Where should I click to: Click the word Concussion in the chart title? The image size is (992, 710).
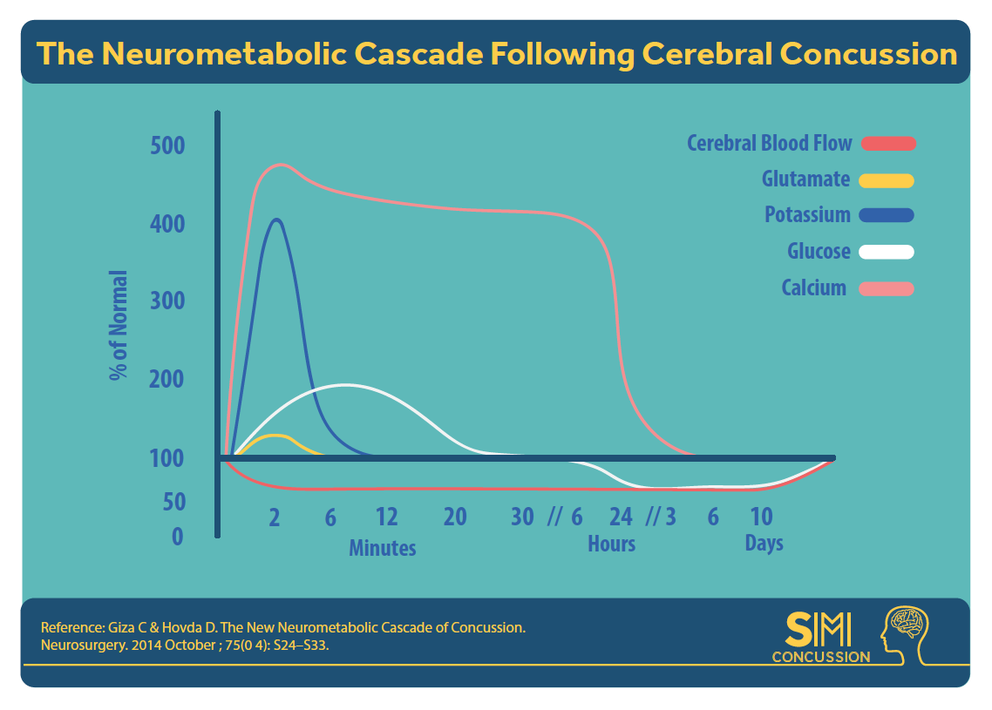click(x=868, y=54)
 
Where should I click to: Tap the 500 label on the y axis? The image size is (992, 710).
click(x=167, y=145)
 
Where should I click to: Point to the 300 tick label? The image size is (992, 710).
click(x=167, y=301)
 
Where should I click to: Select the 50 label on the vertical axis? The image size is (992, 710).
click(x=174, y=502)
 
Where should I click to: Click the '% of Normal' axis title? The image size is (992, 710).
click(x=119, y=325)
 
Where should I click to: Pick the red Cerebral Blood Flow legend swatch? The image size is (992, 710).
click(x=889, y=144)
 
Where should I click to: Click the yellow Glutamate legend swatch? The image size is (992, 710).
click(x=887, y=181)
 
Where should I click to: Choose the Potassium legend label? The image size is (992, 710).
click(x=807, y=215)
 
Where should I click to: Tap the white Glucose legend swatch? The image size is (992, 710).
click(x=887, y=252)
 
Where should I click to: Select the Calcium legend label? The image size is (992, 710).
click(x=813, y=288)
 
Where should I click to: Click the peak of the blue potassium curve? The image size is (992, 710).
click(x=276, y=220)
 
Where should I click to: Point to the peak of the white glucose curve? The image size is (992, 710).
click(x=346, y=384)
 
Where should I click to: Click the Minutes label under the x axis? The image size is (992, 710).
click(x=383, y=548)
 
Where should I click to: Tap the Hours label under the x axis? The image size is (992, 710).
click(x=611, y=544)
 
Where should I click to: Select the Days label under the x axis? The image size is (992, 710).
click(x=764, y=543)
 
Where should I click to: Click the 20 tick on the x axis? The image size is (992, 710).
click(x=455, y=517)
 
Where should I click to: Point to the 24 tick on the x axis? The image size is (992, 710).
click(x=621, y=517)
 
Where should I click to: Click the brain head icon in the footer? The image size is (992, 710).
click(x=905, y=635)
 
